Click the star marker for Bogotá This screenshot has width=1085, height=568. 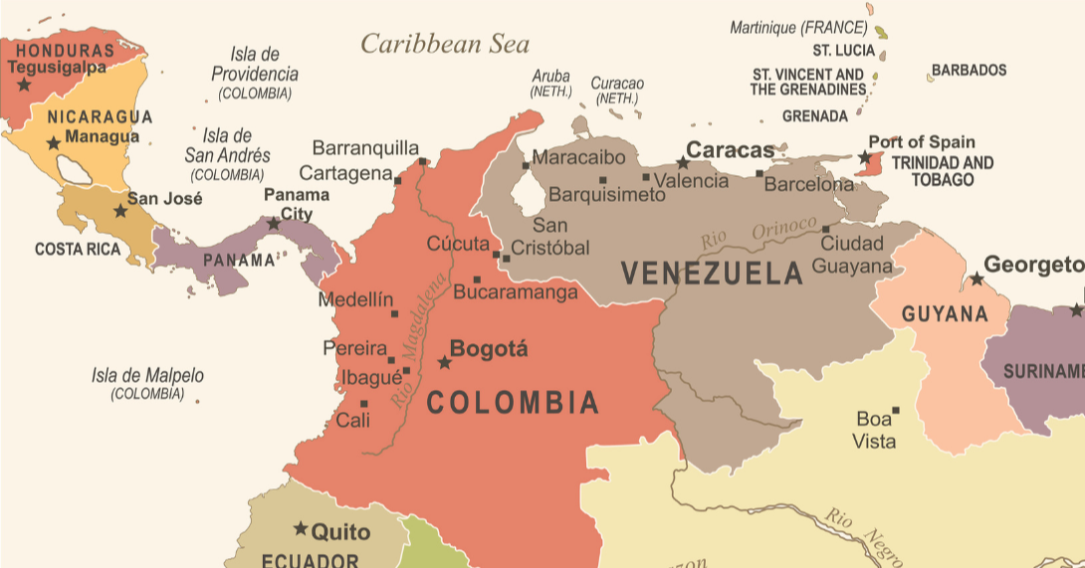click(445, 362)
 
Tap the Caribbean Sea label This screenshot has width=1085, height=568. click(445, 44)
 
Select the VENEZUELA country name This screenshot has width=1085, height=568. click(712, 274)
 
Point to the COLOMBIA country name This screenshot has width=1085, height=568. click(513, 403)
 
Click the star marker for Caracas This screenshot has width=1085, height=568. click(683, 162)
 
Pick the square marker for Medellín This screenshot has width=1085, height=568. click(395, 313)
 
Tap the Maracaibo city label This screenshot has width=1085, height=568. click(578, 157)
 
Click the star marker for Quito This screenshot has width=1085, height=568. click(300, 528)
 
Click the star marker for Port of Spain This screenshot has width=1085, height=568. click(864, 157)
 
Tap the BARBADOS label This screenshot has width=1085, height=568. click(969, 71)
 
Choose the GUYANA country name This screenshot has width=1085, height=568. click(945, 314)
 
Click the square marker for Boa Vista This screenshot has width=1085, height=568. click(896, 410)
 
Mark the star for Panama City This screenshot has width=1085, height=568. click(274, 224)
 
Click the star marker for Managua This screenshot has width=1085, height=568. click(54, 143)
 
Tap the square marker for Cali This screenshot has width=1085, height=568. click(364, 403)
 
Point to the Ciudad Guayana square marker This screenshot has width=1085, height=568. click(825, 228)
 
